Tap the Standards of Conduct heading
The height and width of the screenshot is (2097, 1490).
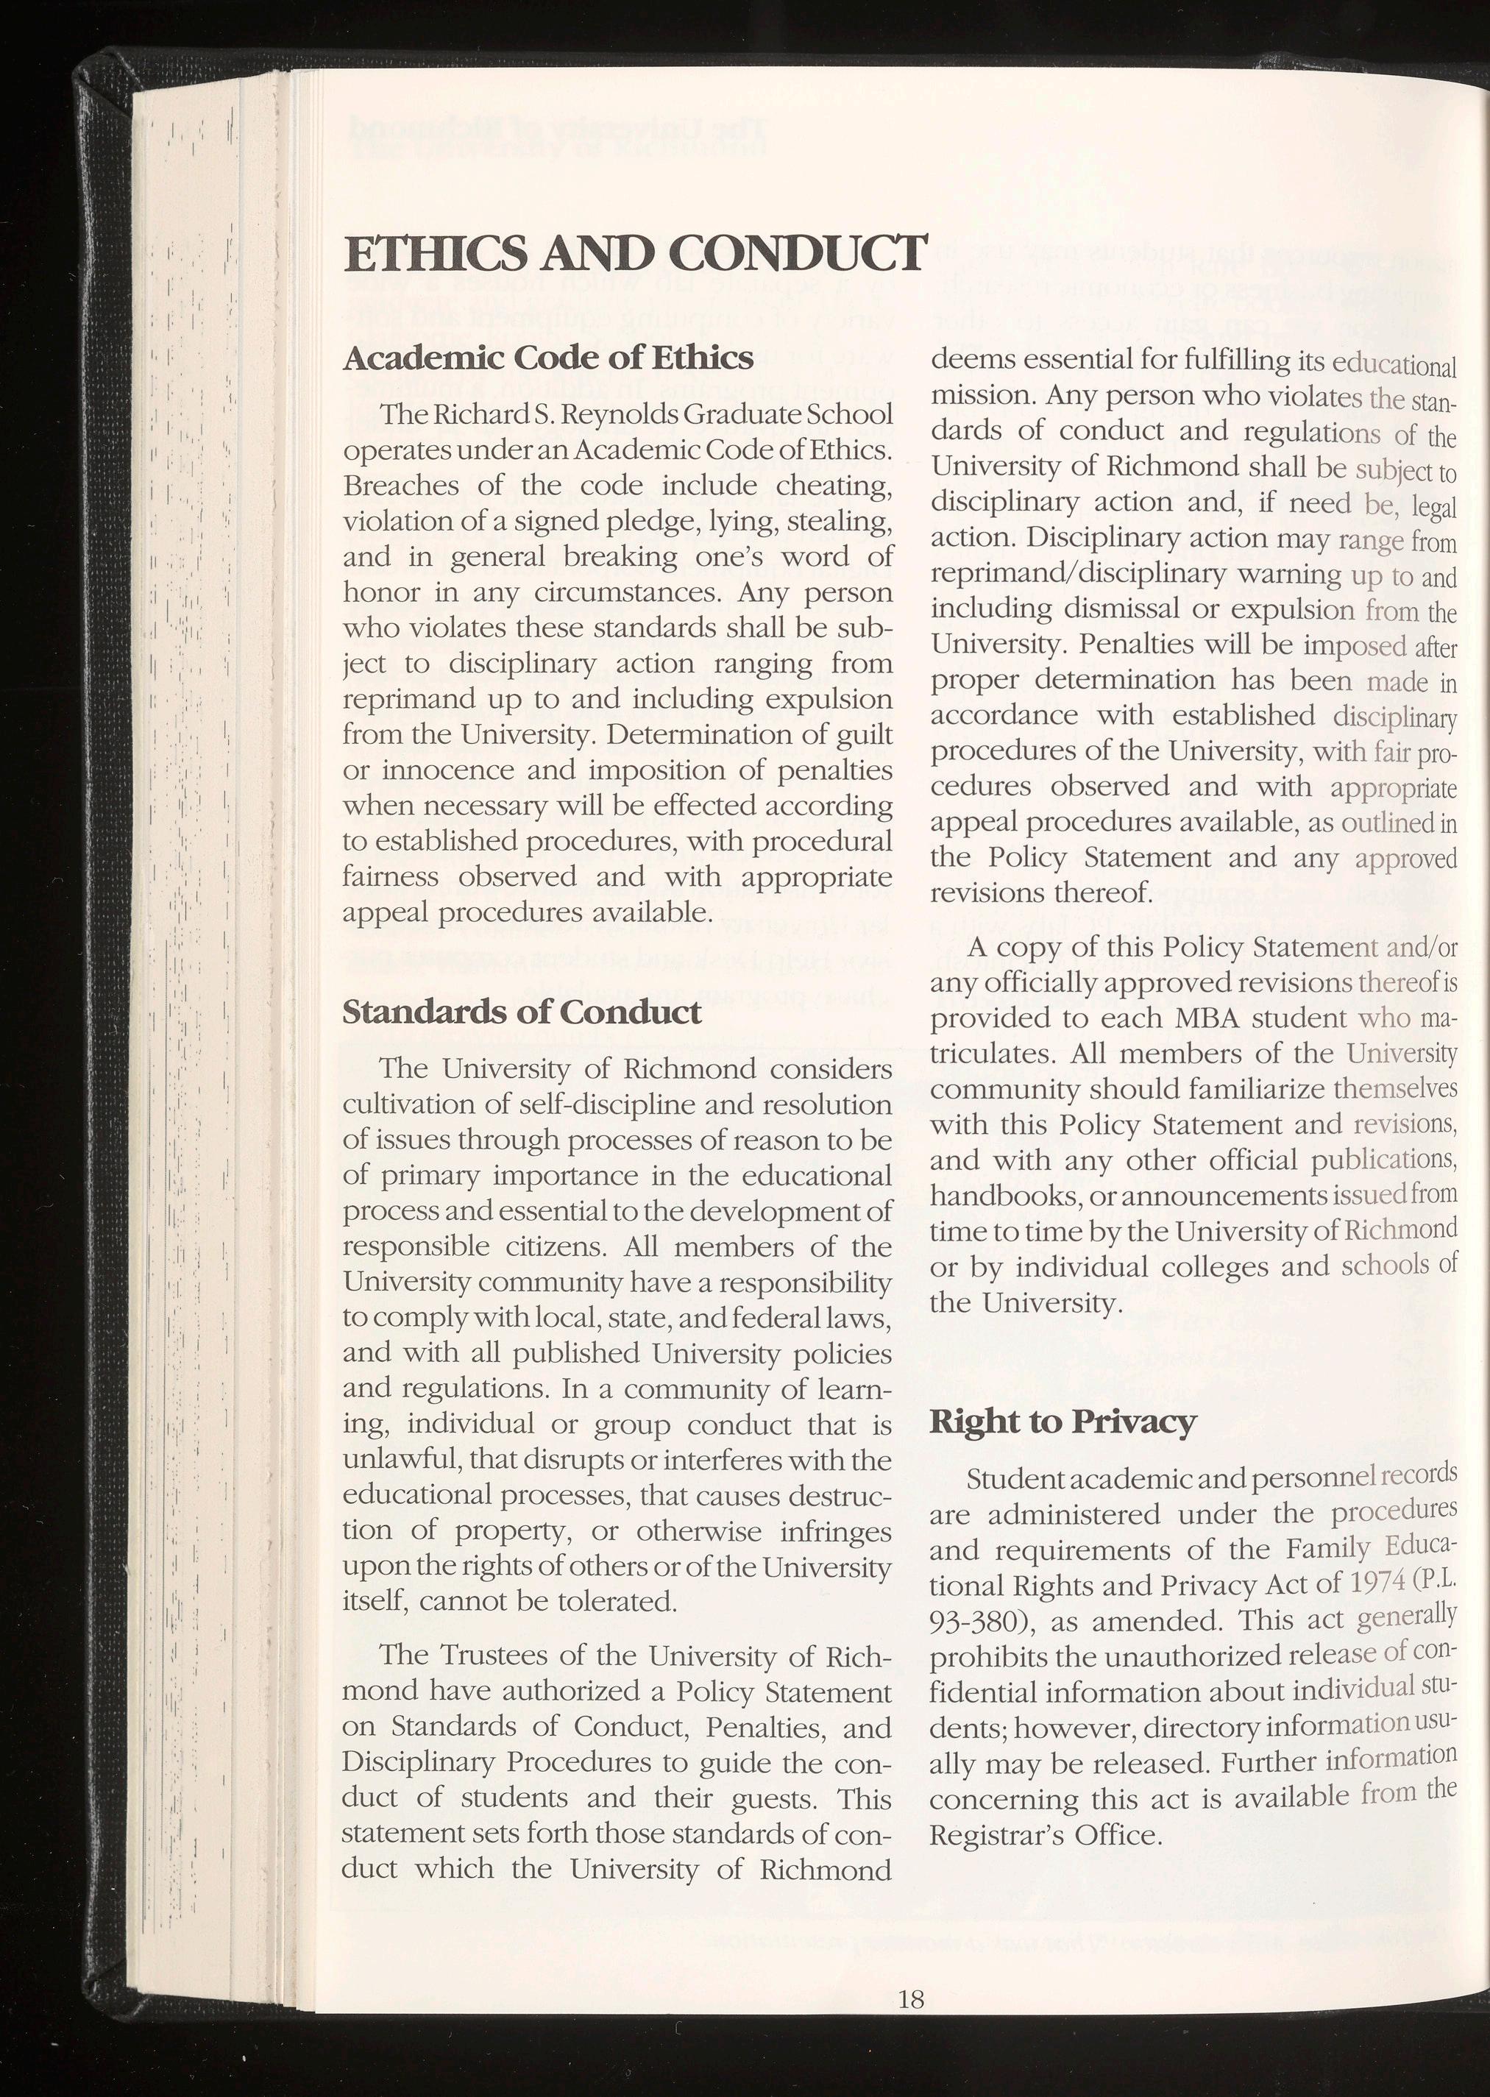[521, 1012]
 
